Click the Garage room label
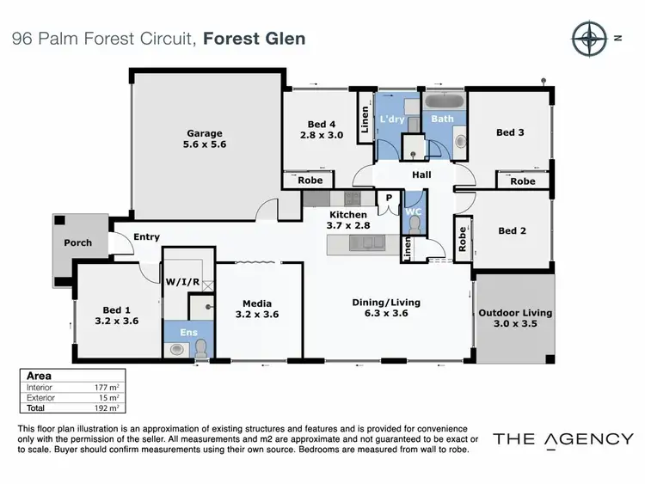click(x=205, y=133)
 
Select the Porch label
click(x=78, y=243)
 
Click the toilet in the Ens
click(x=201, y=347)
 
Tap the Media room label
click(x=256, y=303)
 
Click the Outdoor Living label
click(x=515, y=313)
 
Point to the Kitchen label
click(x=347, y=215)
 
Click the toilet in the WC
click(x=415, y=225)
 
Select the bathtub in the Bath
click(x=442, y=102)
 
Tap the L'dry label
click(x=392, y=119)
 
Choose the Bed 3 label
click(x=510, y=132)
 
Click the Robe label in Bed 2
click(x=464, y=238)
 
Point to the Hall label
click(x=421, y=175)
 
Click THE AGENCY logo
click(x=562, y=439)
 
